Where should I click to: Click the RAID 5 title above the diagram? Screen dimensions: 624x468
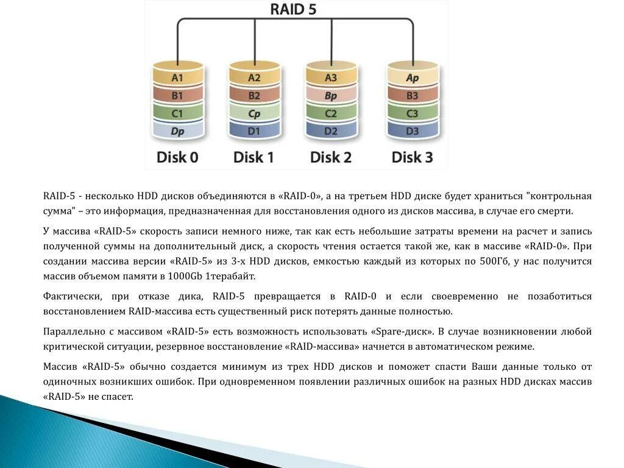[x=293, y=10]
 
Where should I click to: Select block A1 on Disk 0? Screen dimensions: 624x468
[x=177, y=78]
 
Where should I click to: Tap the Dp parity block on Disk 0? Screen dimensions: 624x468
[x=177, y=131]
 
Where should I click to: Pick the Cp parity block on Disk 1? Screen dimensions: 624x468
[x=254, y=113]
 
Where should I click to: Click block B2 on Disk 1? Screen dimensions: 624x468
[x=254, y=96]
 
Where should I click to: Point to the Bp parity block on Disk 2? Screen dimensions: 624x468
[x=331, y=96]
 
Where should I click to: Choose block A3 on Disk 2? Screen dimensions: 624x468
[x=331, y=78]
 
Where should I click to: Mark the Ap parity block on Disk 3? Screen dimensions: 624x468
[x=413, y=78]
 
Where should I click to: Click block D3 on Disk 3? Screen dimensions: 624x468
[x=413, y=131]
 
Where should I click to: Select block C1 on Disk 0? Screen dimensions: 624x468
[x=177, y=113]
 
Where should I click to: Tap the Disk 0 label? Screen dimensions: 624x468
[x=177, y=157]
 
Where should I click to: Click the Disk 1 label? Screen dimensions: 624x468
[x=253, y=157]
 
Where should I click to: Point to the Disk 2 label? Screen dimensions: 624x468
[x=331, y=157]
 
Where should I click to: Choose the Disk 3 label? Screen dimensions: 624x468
[x=412, y=157]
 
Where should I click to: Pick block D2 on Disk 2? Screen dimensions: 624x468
[x=331, y=131]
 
